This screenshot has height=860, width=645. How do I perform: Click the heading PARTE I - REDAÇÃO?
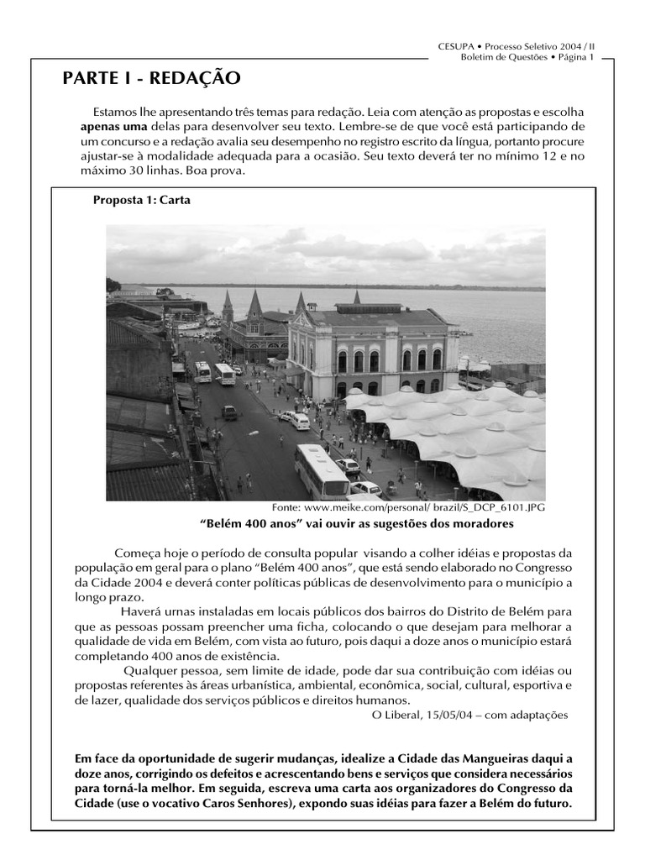click(x=151, y=79)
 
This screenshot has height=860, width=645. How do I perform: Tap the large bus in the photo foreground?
click(x=321, y=471)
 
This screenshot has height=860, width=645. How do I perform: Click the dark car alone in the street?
click(x=229, y=412)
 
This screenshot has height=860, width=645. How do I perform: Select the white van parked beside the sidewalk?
click(x=299, y=421)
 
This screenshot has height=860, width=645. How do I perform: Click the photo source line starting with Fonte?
click(x=408, y=508)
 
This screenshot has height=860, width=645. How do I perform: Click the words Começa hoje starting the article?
click(x=150, y=553)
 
